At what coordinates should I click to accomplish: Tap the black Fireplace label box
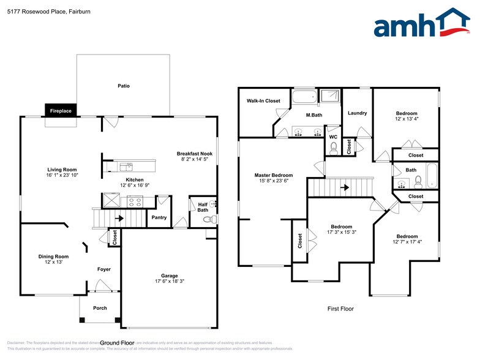coord(61,111)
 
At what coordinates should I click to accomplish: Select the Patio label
coord(124,86)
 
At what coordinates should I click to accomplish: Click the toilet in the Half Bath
coord(206,219)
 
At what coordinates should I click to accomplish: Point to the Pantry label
coord(159,217)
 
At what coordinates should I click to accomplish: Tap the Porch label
coord(100,308)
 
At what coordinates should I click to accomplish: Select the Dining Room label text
coord(54,257)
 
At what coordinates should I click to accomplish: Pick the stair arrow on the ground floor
coord(120,217)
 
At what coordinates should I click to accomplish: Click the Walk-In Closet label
coord(263,100)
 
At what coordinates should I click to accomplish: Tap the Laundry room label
coord(357,113)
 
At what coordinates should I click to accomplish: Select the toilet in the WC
coord(333,147)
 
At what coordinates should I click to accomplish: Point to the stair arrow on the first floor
coord(347,187)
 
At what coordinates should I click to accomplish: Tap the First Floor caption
coord(340,309)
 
